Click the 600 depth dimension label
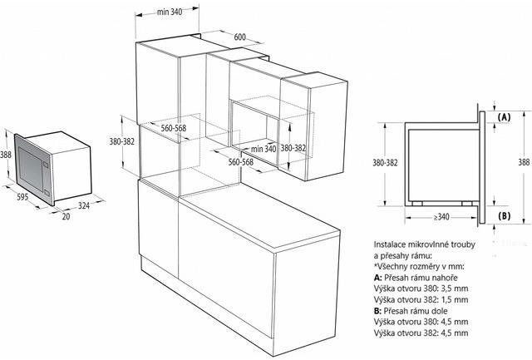coord(240,37)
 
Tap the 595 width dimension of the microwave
coord(22,197)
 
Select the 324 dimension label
coord(84,205)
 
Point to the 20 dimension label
coord(66,216)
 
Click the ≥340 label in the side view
coord(441,217)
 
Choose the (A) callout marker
coord(504,117)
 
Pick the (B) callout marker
coord(504,216)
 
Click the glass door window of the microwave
coord(31,168)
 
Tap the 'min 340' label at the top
coord(170,12)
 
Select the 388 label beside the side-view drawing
coord(525,162)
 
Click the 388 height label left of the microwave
coord(6,155)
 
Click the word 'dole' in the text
coord(440,311)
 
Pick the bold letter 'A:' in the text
coord(378,278)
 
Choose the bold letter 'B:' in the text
coord(378,311)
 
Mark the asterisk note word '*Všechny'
coord(388,267)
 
